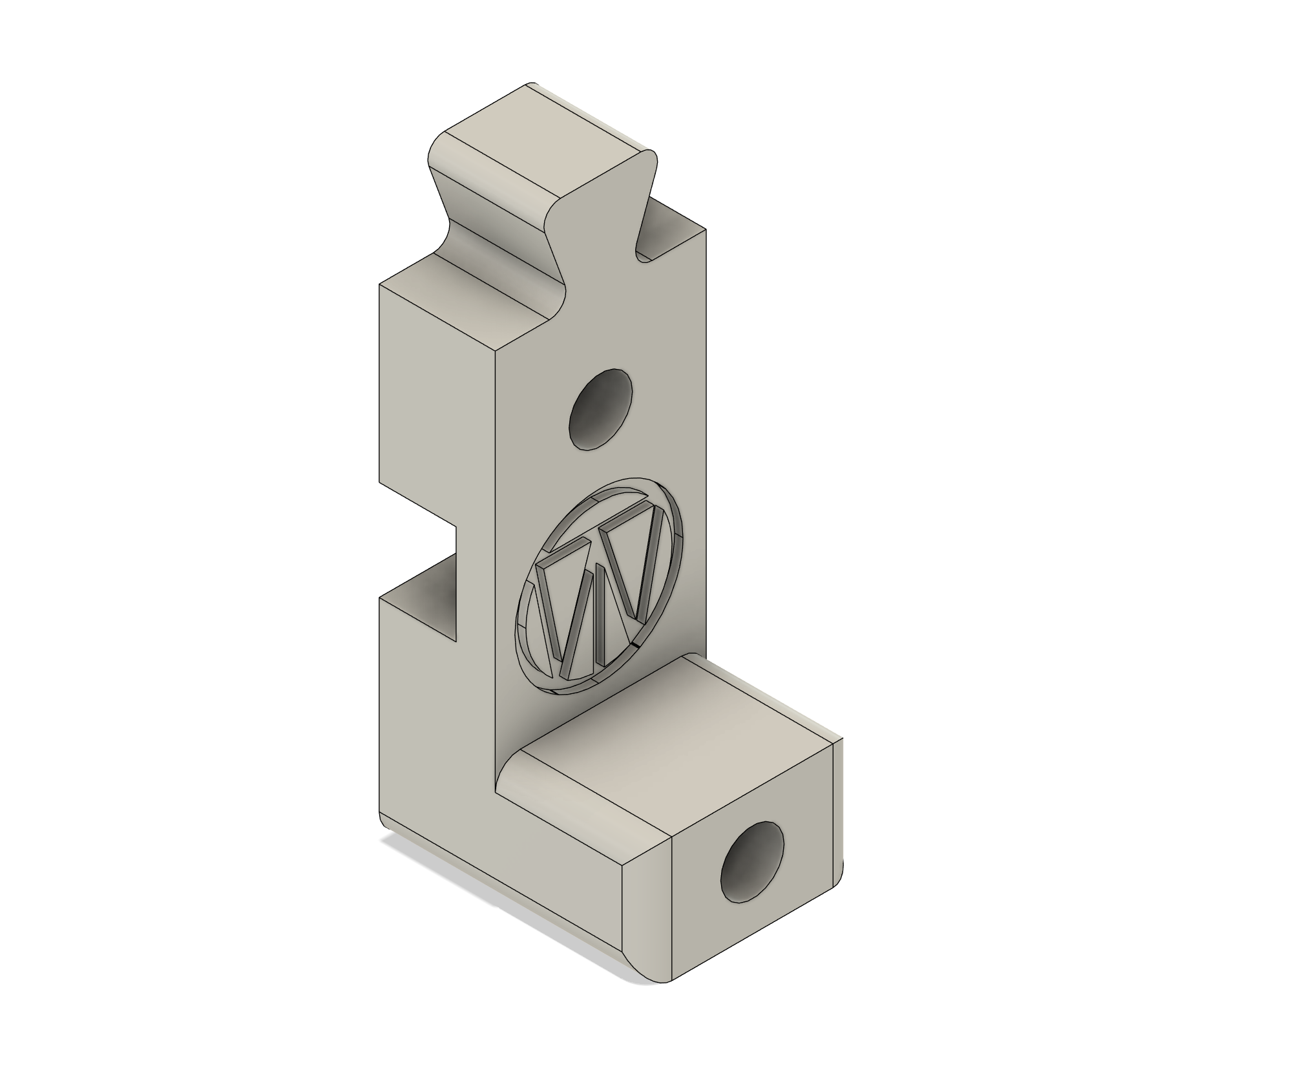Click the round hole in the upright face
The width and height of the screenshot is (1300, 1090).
(600, 410)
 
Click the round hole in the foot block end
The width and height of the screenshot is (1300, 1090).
(752, 862)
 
